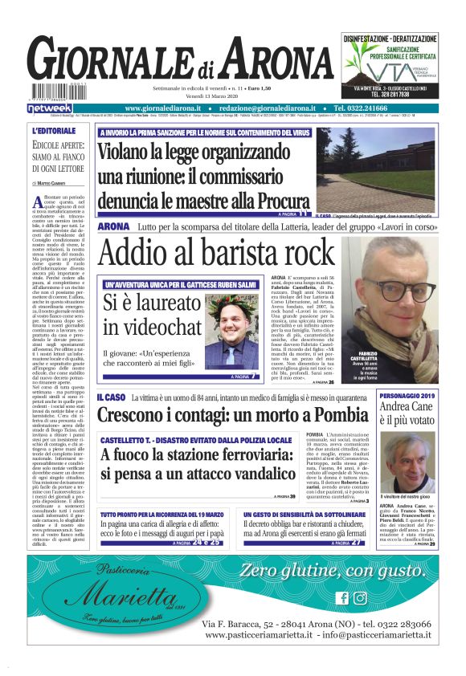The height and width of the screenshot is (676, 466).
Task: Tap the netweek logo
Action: tap(50, 108)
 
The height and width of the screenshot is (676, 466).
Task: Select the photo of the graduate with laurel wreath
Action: tap(231, 327)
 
